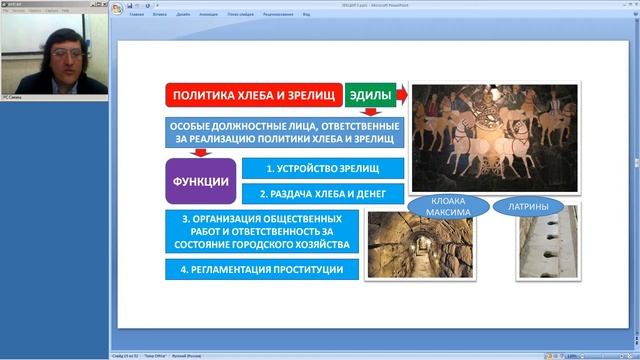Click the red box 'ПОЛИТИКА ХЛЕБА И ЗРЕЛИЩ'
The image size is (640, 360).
[x=253, y=96]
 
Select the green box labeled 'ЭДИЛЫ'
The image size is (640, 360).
[x=369, y=96]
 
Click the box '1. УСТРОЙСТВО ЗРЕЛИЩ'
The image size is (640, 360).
[x=323, y=168]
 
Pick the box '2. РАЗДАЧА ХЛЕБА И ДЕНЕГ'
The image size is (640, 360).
[x=323, y=194]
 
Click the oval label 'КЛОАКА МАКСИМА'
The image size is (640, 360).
[x=446, y=207]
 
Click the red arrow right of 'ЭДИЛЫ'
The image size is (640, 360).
[x=401, y=96]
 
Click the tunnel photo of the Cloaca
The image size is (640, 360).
[x=405, y=244]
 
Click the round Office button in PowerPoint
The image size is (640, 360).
[x=118, y=9]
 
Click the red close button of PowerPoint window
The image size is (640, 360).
[x=632, y=4]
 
